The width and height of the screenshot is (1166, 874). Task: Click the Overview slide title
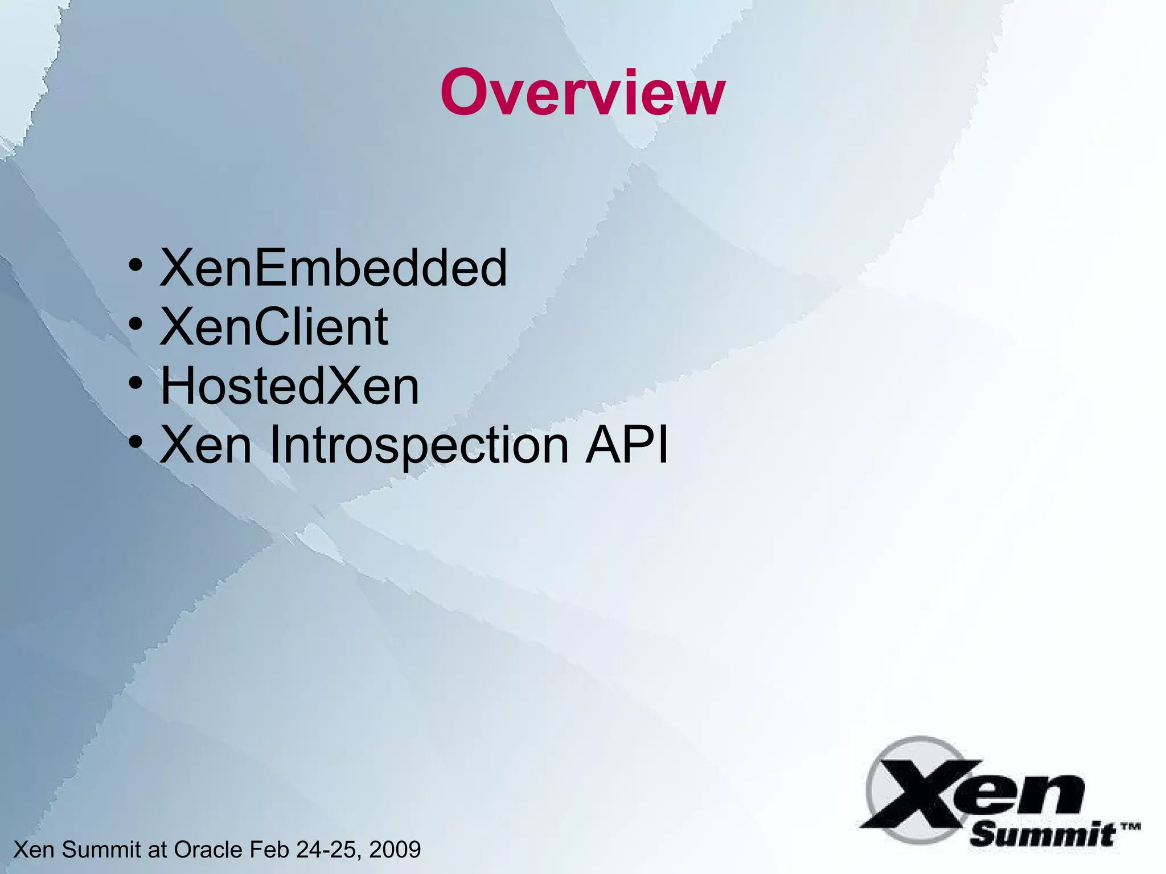(582, 93)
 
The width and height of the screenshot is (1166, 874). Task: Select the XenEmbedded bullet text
(333, 268)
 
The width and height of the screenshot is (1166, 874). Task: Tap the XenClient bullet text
(274, 327)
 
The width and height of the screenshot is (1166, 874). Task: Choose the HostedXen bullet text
(290, 386)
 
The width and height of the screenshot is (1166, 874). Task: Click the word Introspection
(419, 445)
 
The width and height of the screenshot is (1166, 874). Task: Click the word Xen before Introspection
(206, 445)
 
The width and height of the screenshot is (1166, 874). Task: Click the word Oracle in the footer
(208, 850)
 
